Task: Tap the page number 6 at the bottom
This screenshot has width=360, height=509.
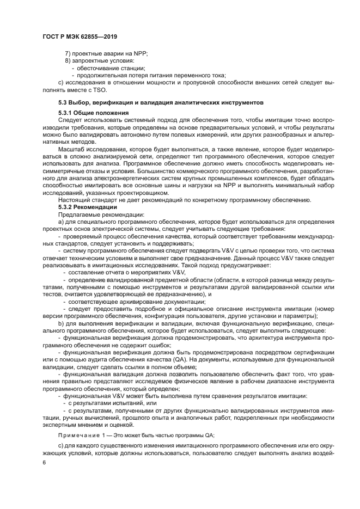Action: pyautogui.click(x=44, y=461)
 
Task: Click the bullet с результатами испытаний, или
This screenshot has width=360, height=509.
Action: pyautogui.click(x=114, y=402)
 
